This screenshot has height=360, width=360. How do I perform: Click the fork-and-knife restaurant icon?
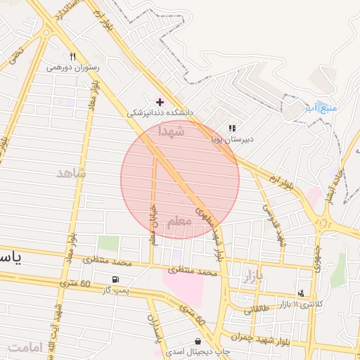[72, 57]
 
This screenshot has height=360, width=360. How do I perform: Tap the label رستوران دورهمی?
[73, 68]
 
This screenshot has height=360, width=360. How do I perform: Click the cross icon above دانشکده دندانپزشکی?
[160, 102]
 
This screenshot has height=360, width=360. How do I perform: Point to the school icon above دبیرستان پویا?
[231, 128]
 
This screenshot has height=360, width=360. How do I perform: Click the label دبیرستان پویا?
[232, 139]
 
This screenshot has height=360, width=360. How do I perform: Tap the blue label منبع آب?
[321, 108]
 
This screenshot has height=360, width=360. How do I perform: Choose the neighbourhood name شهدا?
[172, 131]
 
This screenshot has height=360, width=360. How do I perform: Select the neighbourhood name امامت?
[25, 347]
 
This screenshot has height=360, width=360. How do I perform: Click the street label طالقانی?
[255, 307]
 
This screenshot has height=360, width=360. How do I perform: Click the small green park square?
[108, 243]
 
